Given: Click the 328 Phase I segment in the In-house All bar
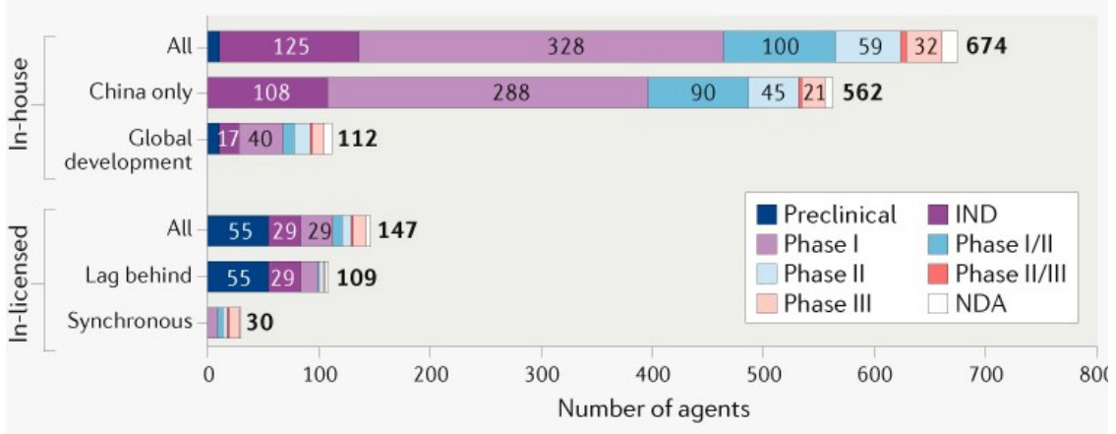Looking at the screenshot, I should point(541,47).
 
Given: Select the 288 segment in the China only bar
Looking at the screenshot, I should point(511,93).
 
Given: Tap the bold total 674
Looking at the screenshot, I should point(986,47).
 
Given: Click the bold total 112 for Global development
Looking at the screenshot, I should point(358,139).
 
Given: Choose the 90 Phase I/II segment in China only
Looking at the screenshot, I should point(698,93).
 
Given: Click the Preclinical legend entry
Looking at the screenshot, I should point(827,215).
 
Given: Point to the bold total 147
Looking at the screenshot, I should point(397,230).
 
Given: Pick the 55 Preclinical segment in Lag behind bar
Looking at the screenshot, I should point(237,277).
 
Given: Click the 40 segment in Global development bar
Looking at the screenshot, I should point(262,139).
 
